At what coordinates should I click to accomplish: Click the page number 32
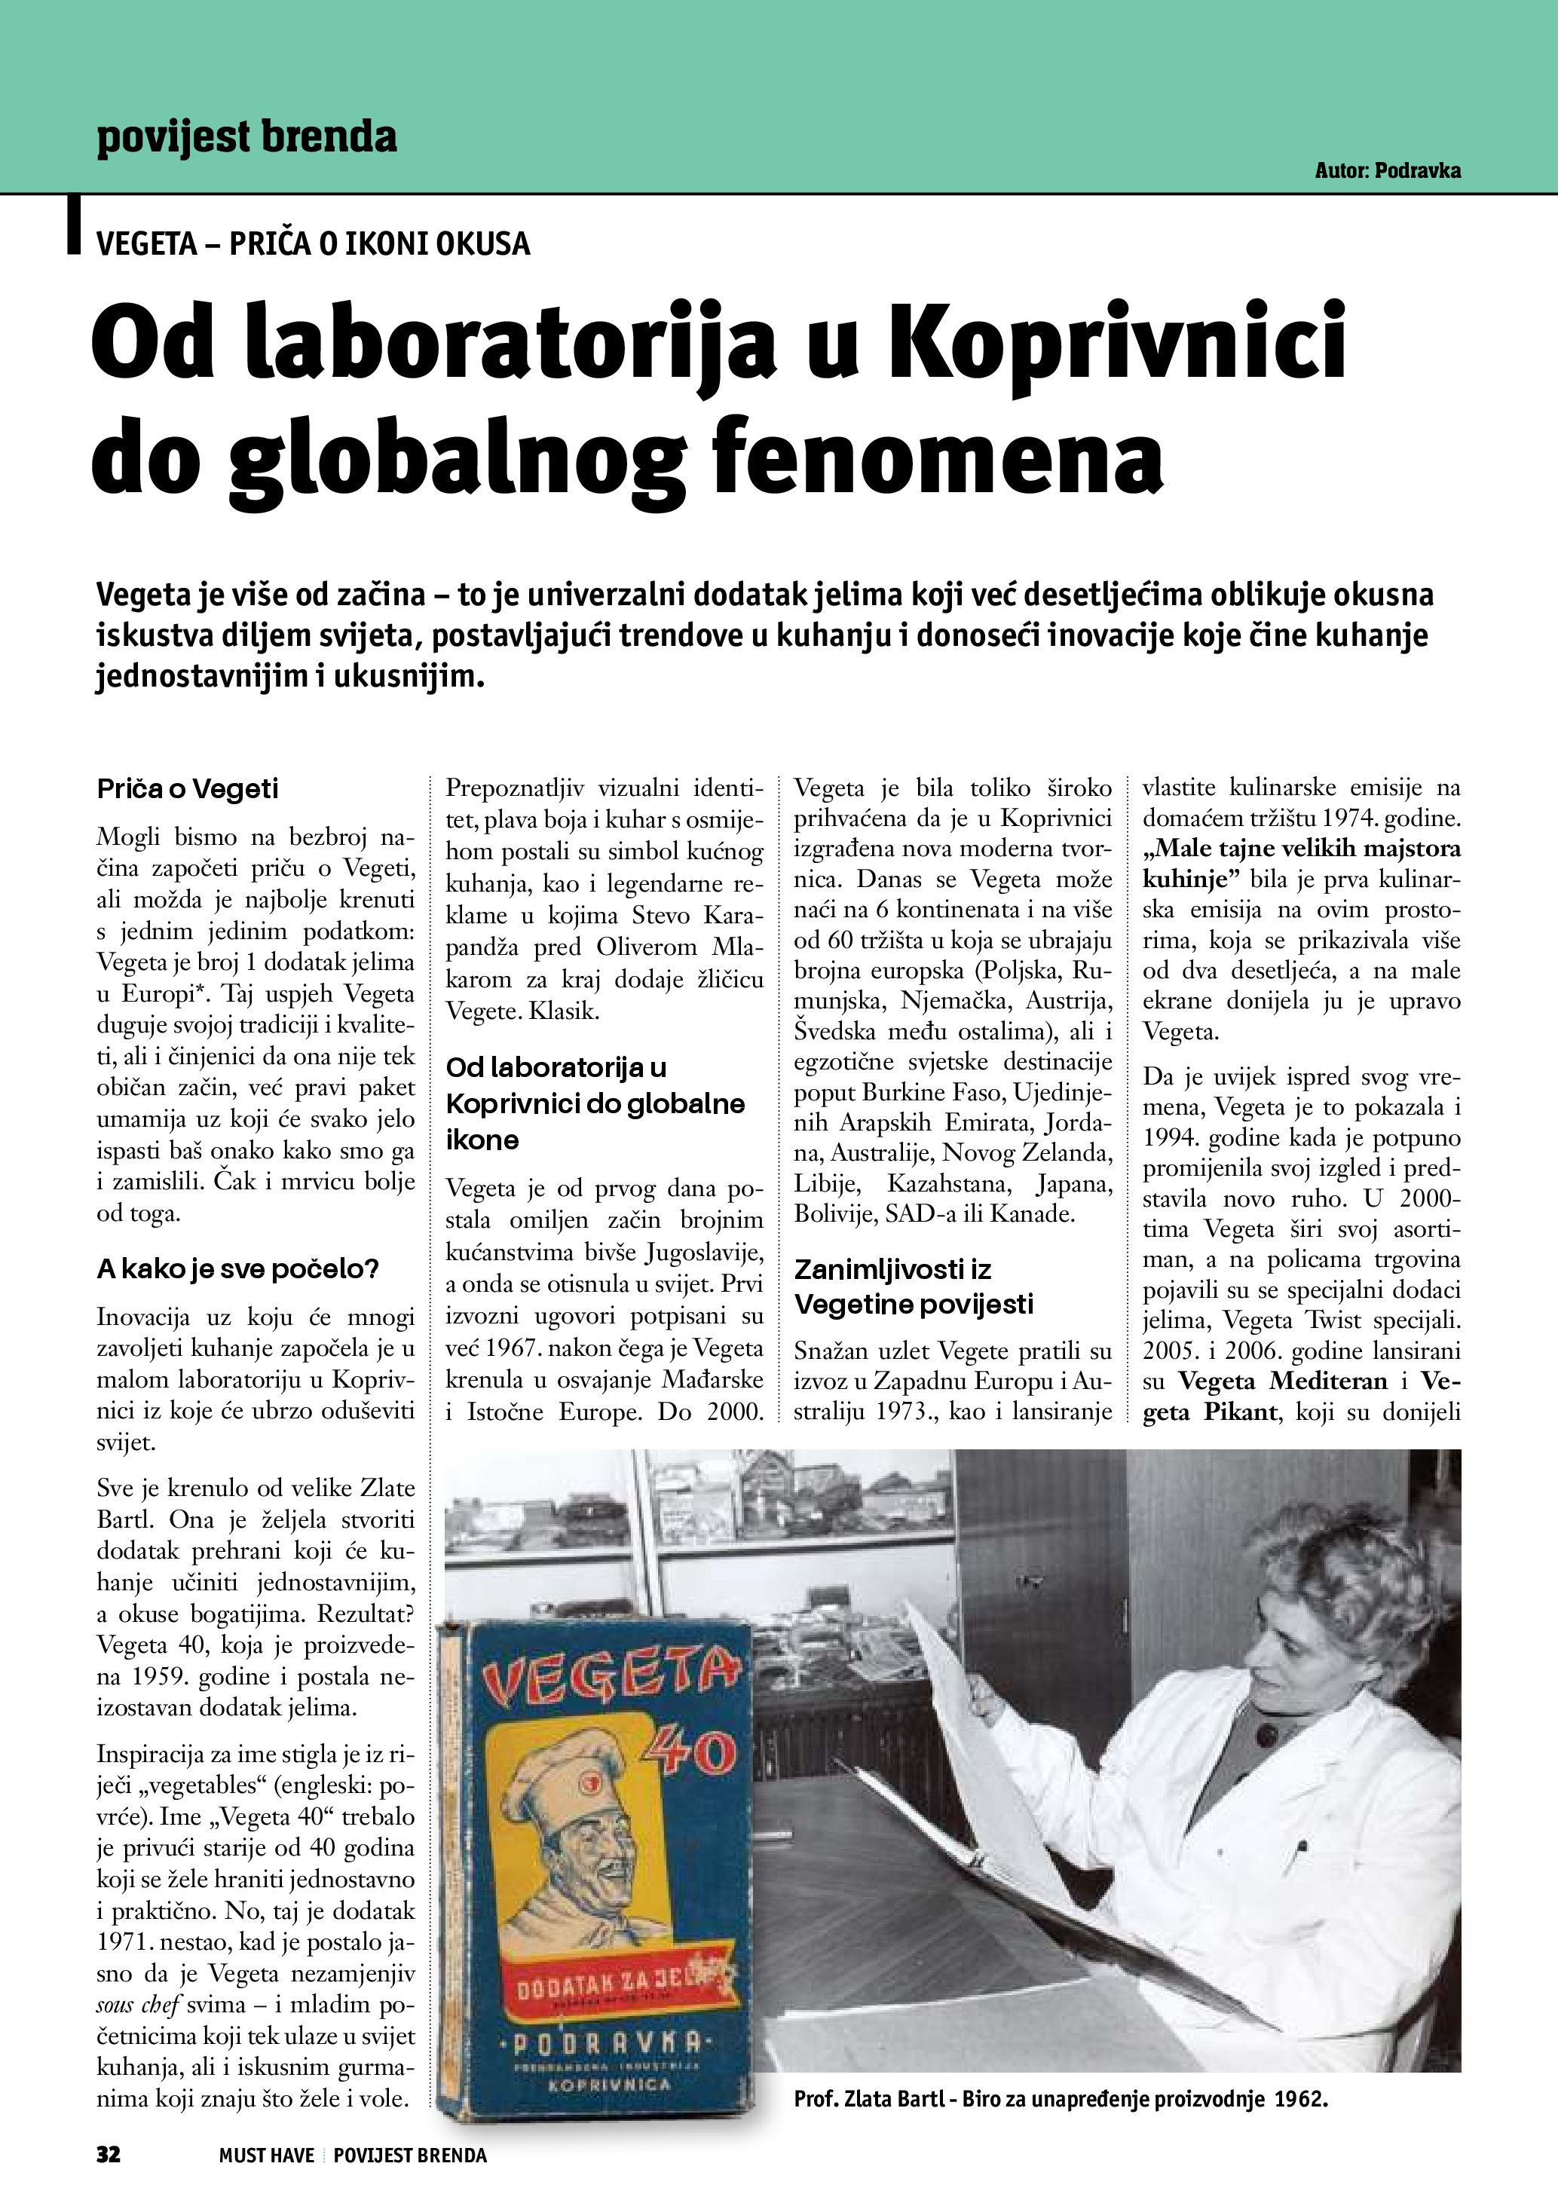coord(109,2155)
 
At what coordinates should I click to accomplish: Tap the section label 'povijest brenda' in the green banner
coord(246,136)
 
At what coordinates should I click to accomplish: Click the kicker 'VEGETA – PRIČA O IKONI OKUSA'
coord(313,243)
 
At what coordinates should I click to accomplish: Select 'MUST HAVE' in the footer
coord(266,2156)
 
